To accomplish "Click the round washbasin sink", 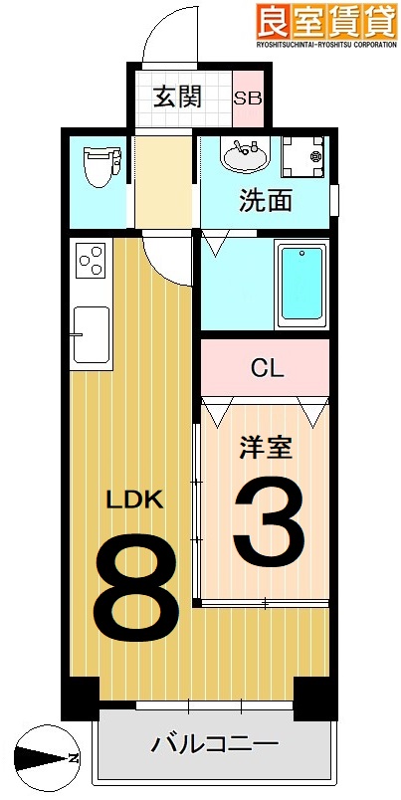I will [244, 156].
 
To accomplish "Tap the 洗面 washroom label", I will [266, 200].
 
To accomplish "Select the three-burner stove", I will [90, 261].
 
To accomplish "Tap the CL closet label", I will [266, 368].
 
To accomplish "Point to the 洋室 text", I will [265, 448].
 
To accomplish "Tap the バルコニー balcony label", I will [214, 742].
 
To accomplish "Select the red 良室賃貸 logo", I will [326, 20].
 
